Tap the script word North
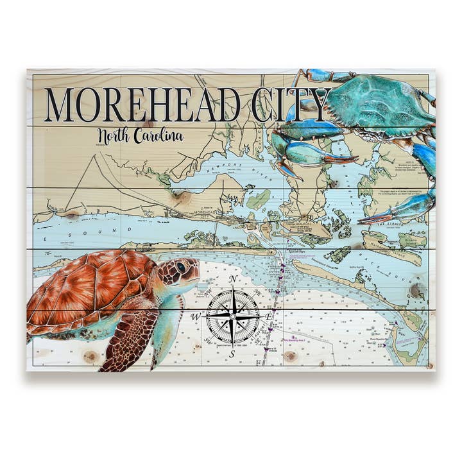tap(116, 136)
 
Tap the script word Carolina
tap(160, 136)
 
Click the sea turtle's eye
tap(182, 266)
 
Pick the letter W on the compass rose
tap(195, 317)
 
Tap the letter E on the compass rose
tap(270, 317)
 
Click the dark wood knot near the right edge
tap(416, 291)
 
